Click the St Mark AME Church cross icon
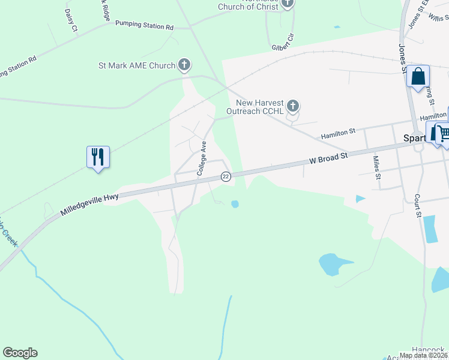(x=184, y=65)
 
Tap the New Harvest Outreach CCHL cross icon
(x=292, y=106)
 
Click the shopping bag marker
(x=418, y=77)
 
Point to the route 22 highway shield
(x=226, y=176)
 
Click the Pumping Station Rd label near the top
(x=144, y=27)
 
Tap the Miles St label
(x=377, y=167)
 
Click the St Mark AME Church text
(x=137, y=65)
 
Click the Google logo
(x=20, y=353)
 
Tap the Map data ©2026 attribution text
(x=423, y=355)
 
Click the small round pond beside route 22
(x=235, y=204)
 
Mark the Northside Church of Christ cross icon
(x=288, y=4)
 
